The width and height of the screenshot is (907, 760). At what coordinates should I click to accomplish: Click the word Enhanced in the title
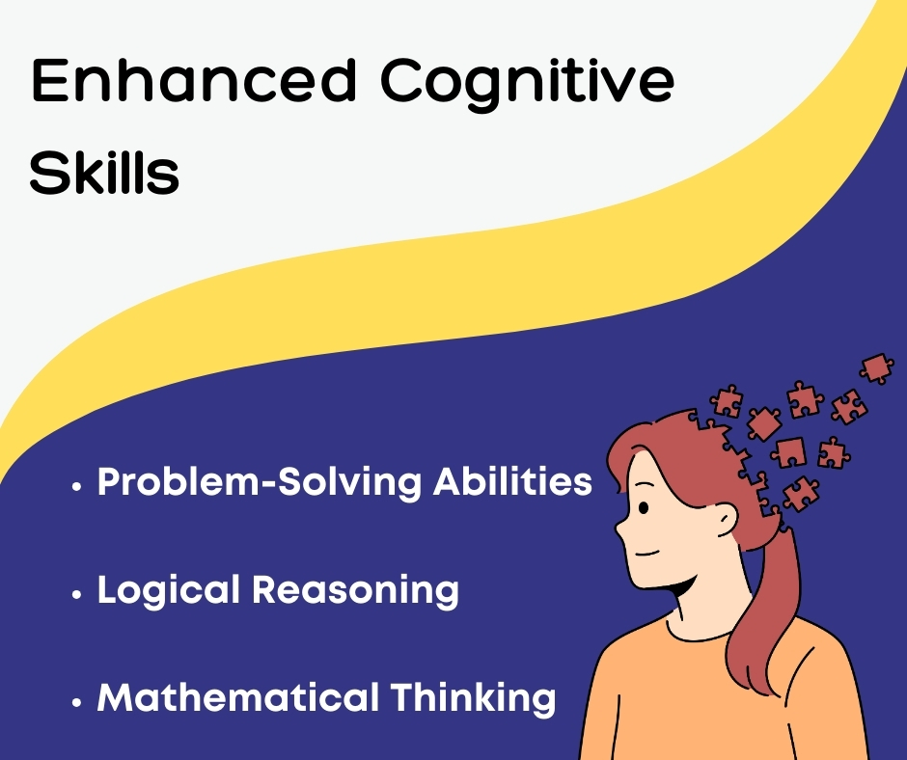click(x=193, y=80)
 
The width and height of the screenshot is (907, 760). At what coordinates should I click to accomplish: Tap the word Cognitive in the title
click(x=527, y=85)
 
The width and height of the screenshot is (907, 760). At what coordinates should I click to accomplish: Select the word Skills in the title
click(x=104, y=172)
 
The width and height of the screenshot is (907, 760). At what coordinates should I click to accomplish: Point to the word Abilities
click(x=512, y=480)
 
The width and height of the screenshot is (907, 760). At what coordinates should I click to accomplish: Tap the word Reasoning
click(x=355, y=590)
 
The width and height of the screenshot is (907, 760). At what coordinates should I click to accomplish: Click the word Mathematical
click(x=237, y=697)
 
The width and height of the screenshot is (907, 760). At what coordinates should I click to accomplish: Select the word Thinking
click(x=473, y=698)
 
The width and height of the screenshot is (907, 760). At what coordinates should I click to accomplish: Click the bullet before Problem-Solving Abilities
click(x=76, y=486)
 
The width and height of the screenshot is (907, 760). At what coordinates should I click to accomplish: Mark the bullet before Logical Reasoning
click(x=76, y=594)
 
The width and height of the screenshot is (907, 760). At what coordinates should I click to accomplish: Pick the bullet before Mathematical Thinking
click(x=76, y=701)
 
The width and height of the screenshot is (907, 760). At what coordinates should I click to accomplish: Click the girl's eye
click(x=644, y=508)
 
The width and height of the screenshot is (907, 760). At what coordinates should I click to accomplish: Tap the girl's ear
click(x=726, y=519)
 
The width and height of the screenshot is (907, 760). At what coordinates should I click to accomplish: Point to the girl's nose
click(x=620, y=528)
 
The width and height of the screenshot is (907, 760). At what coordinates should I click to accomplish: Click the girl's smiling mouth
click(x=647, y=553)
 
